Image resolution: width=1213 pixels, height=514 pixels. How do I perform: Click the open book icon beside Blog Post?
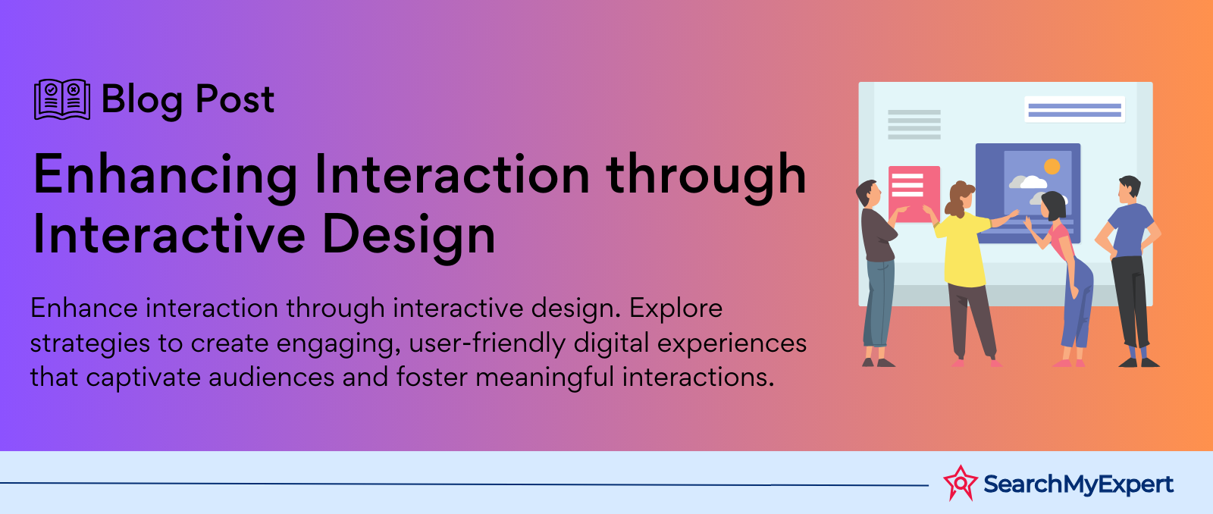pos(62,99)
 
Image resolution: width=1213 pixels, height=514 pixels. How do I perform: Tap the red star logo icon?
pos(961,483)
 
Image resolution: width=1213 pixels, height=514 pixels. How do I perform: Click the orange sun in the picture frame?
pos(1052,166)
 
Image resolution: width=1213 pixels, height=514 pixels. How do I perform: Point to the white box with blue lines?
pos(1074,109)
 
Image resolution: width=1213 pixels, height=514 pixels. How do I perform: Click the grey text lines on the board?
pos(914,124)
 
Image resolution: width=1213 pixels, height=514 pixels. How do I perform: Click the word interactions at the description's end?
pos(697,378)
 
